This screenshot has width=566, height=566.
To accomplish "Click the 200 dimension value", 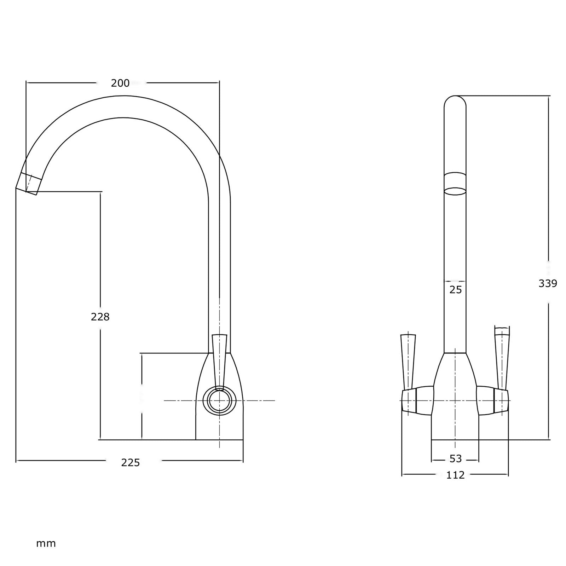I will tap(120, 83).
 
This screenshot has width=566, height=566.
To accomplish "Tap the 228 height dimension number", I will tap(100, 317).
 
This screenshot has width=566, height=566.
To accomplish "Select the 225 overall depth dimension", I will tap(131, 462).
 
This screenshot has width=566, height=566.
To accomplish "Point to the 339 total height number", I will tap(548, 283).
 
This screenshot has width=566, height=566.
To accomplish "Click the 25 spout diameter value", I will tap(455, 290).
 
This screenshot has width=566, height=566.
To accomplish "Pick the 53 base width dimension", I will tap(455, 458).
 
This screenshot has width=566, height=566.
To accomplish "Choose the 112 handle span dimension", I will tap(455, 475).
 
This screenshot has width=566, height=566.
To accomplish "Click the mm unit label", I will tap(46, 543).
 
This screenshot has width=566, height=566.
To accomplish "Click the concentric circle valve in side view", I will tap(219, 401).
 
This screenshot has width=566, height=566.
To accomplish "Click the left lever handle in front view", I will tap(408, 361).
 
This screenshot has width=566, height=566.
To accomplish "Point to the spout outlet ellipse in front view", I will tap(455, 191).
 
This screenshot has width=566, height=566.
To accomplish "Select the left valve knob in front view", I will tap(417, 401).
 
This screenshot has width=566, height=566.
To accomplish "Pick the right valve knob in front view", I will tap(492, 401).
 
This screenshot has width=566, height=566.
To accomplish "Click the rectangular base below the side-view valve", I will tap(219, 428).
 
